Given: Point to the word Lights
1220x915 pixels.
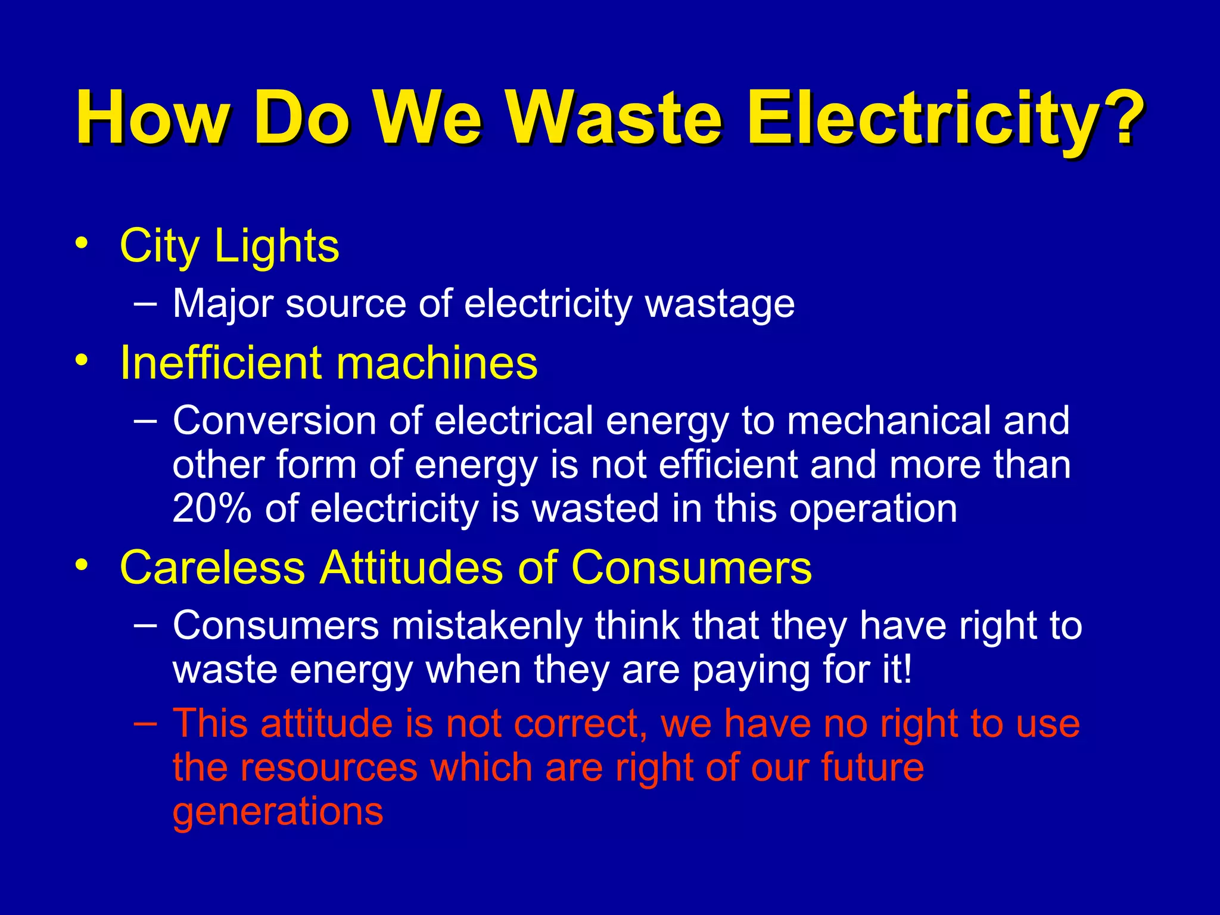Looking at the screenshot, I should pyautogui.click(x=276, y=245).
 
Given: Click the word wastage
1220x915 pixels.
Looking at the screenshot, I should pyautogui.click(x=720, y=304).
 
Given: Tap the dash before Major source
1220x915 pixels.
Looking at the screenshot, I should pyautogui.click(x=146, y=303).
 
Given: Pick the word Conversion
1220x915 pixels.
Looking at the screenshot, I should pyautogui.click(x=275, y=421).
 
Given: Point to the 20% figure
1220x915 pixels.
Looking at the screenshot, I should pyautogui.click(x=211, y=509).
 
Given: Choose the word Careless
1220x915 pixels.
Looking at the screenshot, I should pyautogui.click(x=213, y=567).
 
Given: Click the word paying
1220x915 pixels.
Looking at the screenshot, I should pyautogui.click(x=751, y=671).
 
